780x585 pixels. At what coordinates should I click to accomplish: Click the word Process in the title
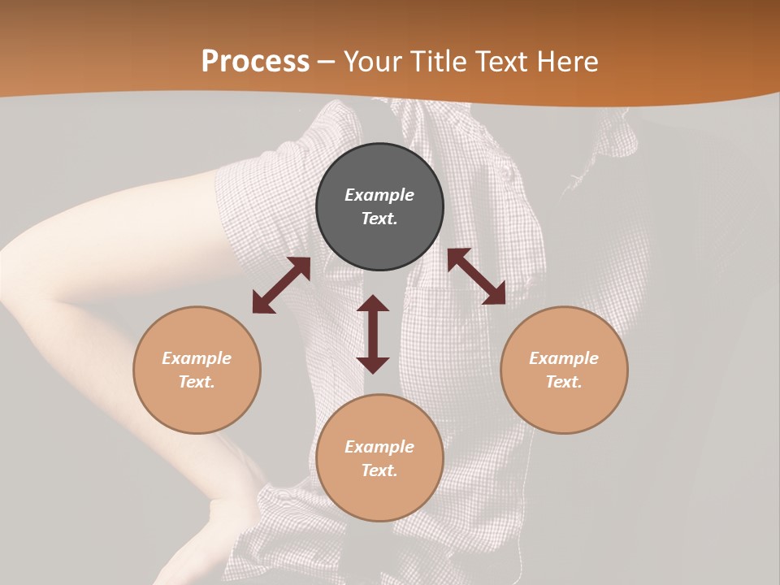(255, 62)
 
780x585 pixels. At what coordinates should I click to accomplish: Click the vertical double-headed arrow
(373, 334)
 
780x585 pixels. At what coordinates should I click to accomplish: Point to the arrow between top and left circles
(281, 285)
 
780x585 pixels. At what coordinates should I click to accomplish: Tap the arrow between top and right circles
(477, 276)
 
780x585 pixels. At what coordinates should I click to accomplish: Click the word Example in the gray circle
(379, 195)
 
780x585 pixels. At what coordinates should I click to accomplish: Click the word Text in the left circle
(197, 382)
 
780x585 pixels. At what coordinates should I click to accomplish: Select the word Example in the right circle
(564, 358)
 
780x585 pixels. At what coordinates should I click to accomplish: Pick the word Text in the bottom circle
(379, 470)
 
